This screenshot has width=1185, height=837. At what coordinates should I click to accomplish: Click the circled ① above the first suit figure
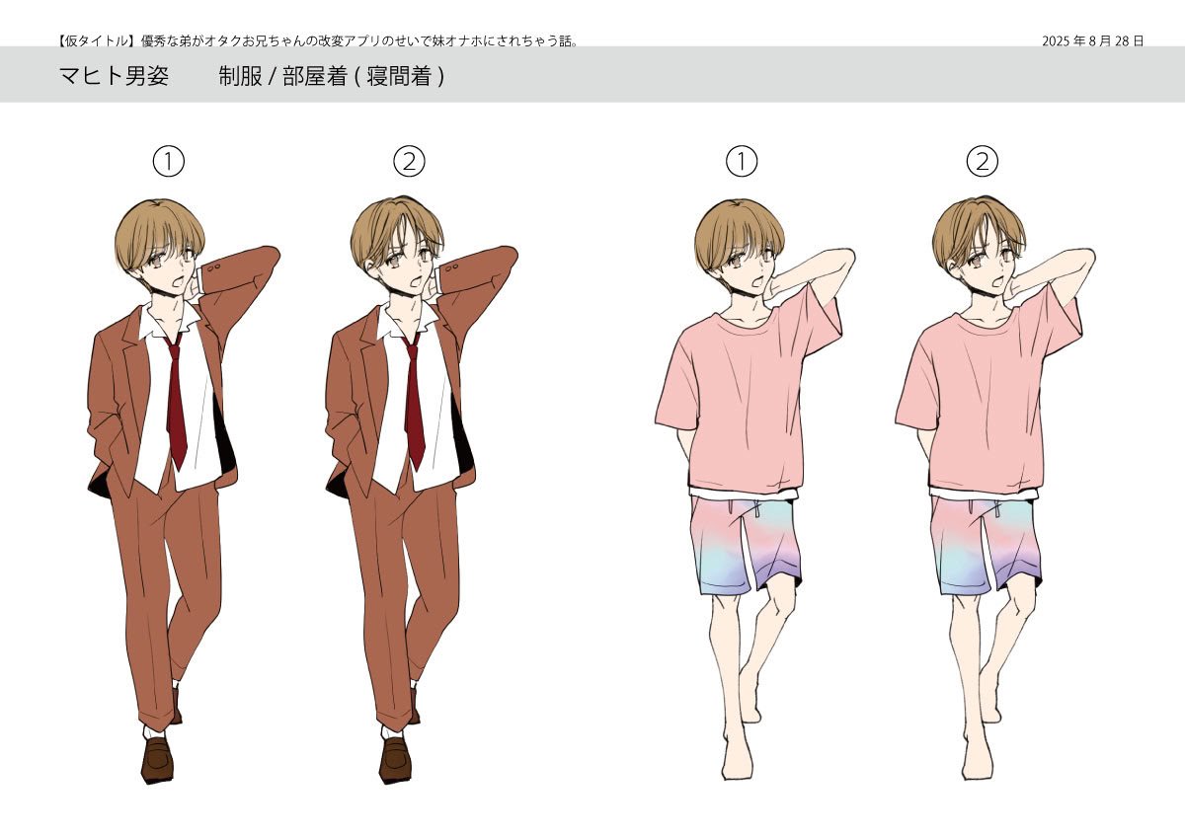pos(169,162)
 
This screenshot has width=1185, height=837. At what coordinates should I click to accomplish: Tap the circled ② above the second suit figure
pos(409,162)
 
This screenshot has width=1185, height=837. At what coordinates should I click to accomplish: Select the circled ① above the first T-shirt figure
pos(742,162)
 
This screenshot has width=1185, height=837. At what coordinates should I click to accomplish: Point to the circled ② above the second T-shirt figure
pos(983,162)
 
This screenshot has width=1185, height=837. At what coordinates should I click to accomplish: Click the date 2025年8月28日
pos(1092,40)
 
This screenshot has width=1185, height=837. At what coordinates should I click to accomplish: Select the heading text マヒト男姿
pos(114,76)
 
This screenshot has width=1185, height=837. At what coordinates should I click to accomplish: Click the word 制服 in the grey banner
pos(241,76)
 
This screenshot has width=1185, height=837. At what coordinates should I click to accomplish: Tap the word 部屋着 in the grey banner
pos(315,76)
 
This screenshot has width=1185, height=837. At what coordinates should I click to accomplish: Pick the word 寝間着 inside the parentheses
pos(398,76)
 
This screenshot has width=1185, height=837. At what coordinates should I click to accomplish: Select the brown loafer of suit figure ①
pos(157,760)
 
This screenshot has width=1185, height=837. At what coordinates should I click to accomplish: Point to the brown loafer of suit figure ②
pos(395,760)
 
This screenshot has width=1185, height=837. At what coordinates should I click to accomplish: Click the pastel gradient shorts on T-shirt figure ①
pos(746,545)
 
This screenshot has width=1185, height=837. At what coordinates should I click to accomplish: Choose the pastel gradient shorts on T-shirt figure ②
pos(986,545)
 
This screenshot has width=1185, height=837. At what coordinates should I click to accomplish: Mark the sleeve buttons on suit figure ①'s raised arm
pos(214,267)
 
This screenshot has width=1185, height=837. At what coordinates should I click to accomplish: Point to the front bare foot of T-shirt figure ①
pos(737,755)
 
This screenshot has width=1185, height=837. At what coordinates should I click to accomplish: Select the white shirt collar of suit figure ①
pos(169,319)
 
